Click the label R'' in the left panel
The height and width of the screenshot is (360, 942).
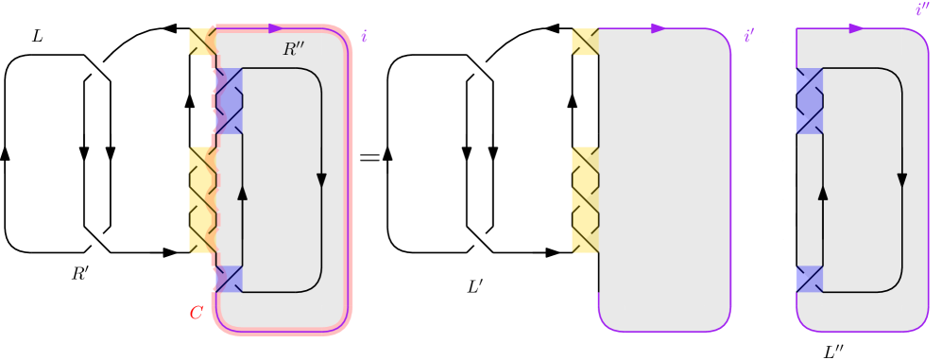(x=295, y=49)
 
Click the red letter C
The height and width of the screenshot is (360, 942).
(x=196, y=313)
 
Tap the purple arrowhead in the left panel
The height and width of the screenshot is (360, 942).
(x=276, y=28)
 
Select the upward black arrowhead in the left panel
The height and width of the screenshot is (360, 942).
(x=243, y=193)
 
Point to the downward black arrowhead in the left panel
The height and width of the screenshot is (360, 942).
(x=321, y=180)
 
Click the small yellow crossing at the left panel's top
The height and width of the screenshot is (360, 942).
(x=202, y=42)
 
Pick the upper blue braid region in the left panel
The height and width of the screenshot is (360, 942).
(x=230, y=100)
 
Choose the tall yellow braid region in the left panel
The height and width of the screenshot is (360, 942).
(x=203, y=199)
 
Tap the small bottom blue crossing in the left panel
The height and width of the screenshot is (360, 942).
(x=230, y=279)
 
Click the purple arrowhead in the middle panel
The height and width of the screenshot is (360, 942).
(x=659, y=28)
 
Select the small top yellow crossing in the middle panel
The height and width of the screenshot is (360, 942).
(x=585, y=42)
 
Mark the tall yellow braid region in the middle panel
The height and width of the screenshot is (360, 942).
(x=585, y=199)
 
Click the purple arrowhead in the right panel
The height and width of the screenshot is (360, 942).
(x=856, y=28)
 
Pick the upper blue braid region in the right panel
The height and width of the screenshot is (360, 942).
(x=810, y=100)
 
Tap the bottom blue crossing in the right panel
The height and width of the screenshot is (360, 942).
(x=810, y=279)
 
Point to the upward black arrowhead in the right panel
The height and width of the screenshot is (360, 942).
(x=823, y=193)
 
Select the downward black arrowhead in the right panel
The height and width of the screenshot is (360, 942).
(x=901, y=180)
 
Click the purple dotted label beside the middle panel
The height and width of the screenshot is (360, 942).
(x=748, y=36)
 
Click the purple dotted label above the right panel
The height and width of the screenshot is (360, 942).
(x=922, y=9)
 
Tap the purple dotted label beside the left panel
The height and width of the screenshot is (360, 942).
(x=364, y=37)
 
